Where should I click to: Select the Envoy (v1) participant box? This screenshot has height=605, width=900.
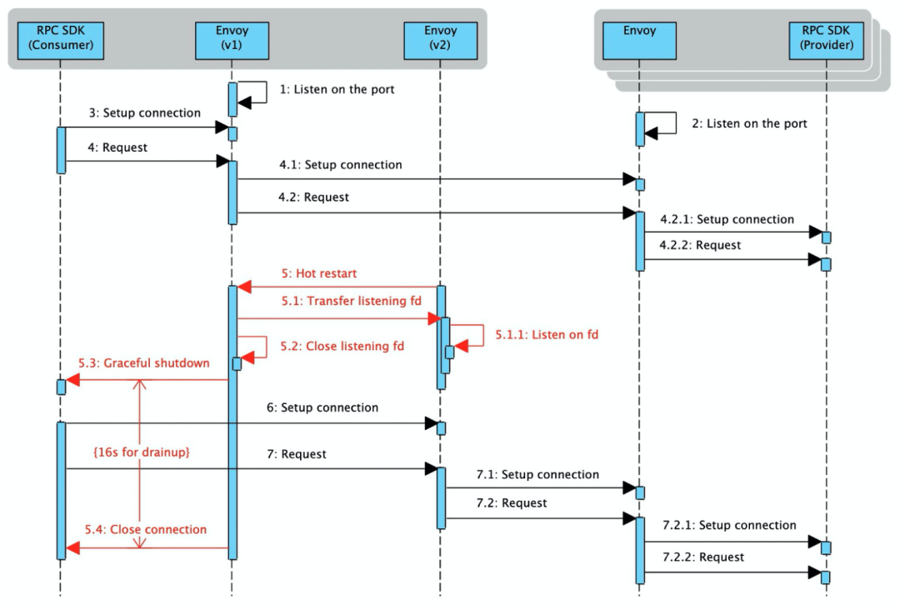pyautogui.click(x=232, y=38)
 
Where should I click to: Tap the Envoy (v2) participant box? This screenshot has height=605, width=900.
pyautogui.click(x=441, y=38)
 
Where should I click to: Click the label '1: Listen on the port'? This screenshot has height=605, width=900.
pyautogui.click(x=337, y=88)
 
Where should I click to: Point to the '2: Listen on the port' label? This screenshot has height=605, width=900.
pyautogui.click(x=749, y=123)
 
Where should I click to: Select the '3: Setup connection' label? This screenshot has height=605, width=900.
pyautogui.click(x=145, y=112)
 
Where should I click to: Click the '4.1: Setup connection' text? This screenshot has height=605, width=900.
pyautogui.click(x=341, y=165)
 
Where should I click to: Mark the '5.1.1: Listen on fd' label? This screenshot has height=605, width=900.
pyautogui.click(x=547, y=335)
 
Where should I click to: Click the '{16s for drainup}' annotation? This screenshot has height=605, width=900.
pyautogui.click(x=141, y=452)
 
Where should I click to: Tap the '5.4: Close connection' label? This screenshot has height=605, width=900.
pyautogui.click(x=145, y=529)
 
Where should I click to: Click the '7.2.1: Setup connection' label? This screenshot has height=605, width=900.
pyautogui.click(x=729, y=525)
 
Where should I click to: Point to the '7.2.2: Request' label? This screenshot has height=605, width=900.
pyautogui.click(x=703, y=557)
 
